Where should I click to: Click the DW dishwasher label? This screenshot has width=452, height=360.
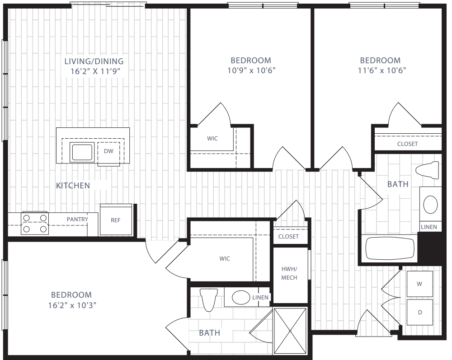pos(108,151)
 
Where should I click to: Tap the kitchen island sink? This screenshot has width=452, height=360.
pos(82,152)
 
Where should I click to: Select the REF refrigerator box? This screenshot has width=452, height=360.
pos(116,220)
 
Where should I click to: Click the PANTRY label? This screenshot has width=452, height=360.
pos(77,220)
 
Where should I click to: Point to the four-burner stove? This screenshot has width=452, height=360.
pos(35,224)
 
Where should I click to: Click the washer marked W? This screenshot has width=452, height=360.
pos(420,284)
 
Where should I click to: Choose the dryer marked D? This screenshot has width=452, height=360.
pos(420,312)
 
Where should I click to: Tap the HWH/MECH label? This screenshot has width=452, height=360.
pos(289,273)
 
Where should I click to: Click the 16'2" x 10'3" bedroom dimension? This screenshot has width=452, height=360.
pos(72,305)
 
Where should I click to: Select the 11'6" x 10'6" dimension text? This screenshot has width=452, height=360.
pos(382,70)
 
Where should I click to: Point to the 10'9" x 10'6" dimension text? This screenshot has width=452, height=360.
pos(251,70)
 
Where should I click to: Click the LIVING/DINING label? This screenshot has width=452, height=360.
pos(94,61)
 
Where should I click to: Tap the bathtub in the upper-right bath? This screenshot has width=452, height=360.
pos(390,248)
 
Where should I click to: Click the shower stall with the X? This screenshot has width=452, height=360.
pos(290,331)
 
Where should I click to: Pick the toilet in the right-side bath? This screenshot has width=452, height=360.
pos(427,170)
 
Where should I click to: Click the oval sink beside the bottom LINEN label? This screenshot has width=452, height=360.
pos(241,298)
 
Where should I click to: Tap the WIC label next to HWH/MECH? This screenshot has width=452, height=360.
pos(225,259)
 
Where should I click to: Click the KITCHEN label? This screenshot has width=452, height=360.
pos(73,186)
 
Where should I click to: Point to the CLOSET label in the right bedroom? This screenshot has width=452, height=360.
pos(407,144)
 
